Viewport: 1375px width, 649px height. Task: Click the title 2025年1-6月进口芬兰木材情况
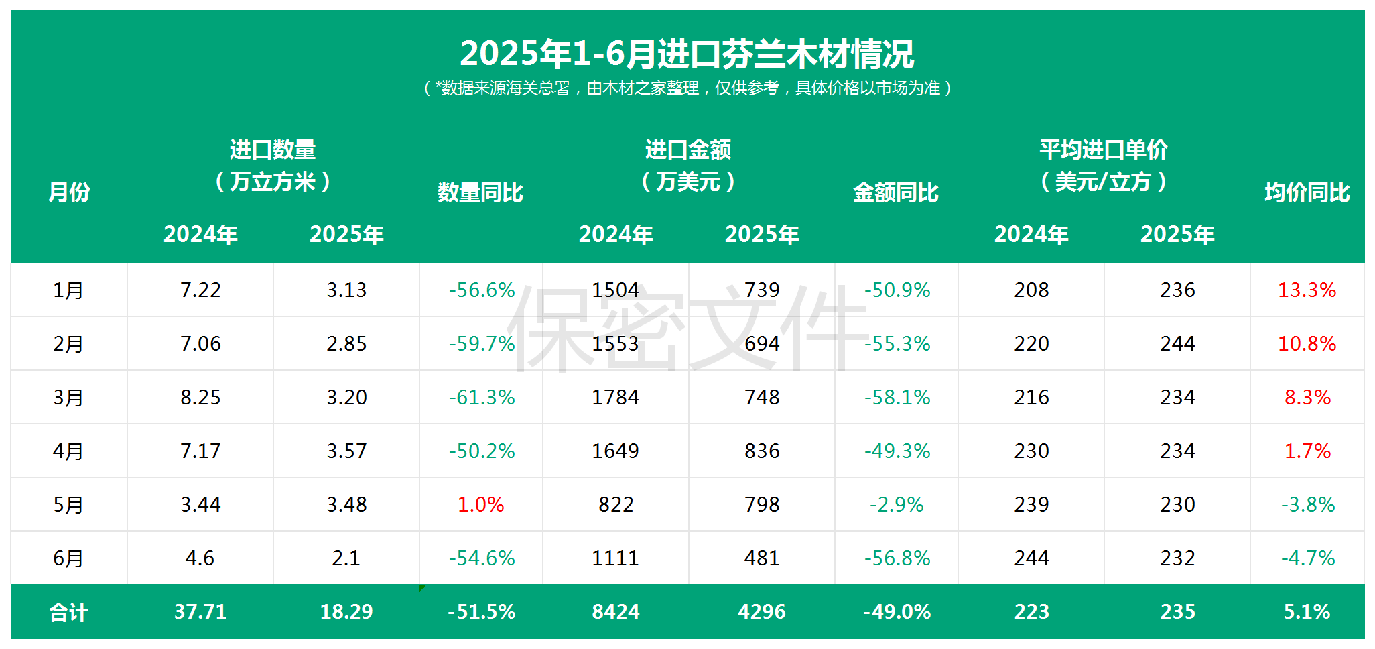(687, 54)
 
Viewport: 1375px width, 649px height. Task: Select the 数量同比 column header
(480, 192)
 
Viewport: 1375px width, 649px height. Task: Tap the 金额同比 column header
(895, 192)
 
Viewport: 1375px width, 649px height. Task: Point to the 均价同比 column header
(1307, 192)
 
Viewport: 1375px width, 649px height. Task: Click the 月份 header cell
(68, 192)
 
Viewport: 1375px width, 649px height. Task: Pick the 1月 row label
(68, 290)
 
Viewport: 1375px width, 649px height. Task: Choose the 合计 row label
(68, 612)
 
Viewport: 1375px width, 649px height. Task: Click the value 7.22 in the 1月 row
(200, 290)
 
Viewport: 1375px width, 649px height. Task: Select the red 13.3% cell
(1307, 290)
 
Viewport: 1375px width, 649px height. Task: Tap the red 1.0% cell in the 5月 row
(480, 505)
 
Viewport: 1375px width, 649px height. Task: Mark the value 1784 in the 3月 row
(615, 398)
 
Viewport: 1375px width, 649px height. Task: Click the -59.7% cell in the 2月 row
(481, 344)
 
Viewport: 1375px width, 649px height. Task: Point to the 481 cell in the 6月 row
(762, 558)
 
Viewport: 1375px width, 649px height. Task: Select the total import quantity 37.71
(200, 612)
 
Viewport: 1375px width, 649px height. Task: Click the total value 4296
(762, 612)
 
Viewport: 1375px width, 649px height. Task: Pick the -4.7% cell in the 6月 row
(1307, 558)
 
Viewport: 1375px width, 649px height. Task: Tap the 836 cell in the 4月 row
(762, 451)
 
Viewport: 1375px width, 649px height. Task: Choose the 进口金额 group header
(688, 150)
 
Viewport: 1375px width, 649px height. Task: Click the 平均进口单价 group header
(1104, 150)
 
